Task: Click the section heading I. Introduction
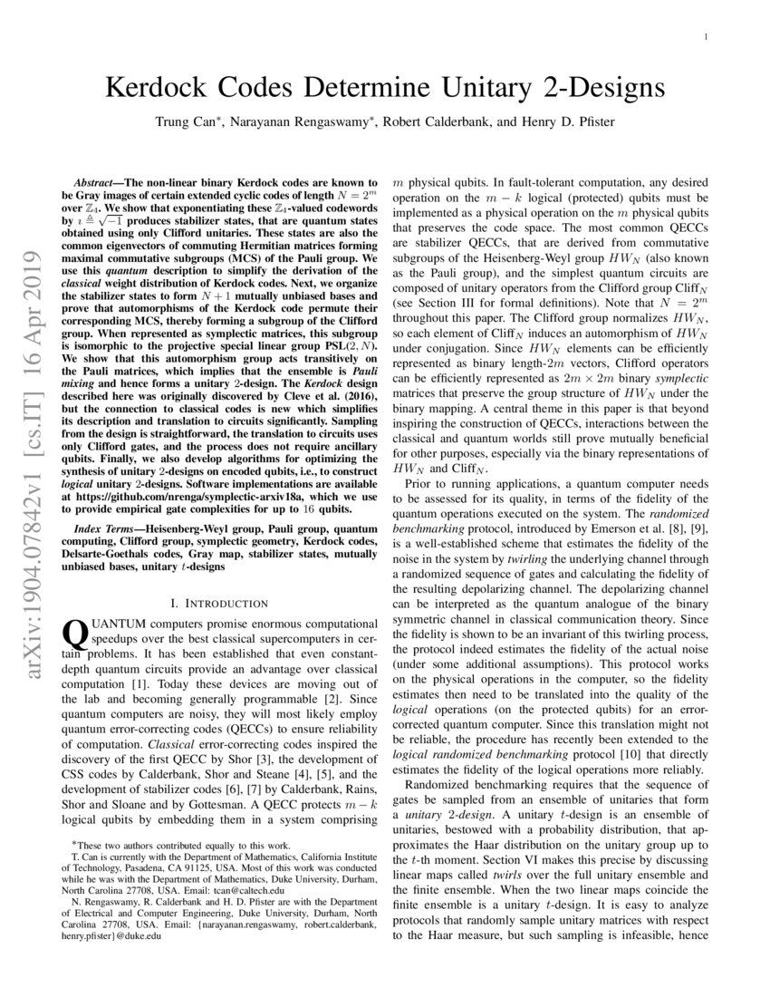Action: click(221, 603)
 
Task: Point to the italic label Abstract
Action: click(95, 183)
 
